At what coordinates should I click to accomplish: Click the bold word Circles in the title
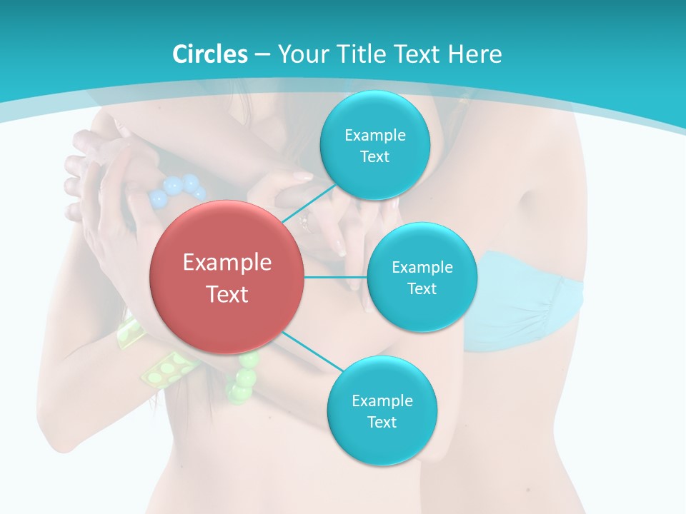[x=209, y=54]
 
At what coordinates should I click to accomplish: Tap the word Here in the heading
[x=474, y=54]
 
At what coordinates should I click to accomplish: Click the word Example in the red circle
[x=227, y=263]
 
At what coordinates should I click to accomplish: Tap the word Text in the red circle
[x=227, y=294]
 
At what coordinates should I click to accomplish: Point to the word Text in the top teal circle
[x=374, y=157]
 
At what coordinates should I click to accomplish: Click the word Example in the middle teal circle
[x=422, y=268]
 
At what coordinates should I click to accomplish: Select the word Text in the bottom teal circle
[x=382, y=422]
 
